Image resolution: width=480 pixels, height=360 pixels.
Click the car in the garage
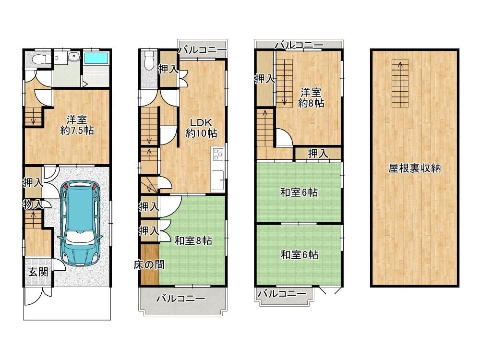[80, 224]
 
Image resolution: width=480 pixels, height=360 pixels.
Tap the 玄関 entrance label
[38, 272]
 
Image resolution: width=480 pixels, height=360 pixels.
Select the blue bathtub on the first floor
[96, 59]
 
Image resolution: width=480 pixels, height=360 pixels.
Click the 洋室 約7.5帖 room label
[77, 125]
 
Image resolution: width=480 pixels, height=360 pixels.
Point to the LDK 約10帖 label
[201, 128]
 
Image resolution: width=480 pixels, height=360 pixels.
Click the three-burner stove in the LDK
[217, 154]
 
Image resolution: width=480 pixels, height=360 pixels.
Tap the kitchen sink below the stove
[217, 180]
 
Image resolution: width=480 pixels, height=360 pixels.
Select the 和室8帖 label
[193, 240]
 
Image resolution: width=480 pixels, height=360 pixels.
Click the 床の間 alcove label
[149, 264]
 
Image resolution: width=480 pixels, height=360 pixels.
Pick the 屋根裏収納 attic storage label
[415, 168]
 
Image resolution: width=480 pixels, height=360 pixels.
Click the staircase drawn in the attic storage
[400, 83]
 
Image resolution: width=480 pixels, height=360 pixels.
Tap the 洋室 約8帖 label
[311, 97]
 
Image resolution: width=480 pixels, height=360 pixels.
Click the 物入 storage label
[33, 204]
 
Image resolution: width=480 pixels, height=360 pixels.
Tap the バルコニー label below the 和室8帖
[180, 299]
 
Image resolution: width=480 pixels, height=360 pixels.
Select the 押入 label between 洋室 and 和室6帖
[318, 154]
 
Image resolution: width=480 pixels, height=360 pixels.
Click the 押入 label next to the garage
[33, 183]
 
